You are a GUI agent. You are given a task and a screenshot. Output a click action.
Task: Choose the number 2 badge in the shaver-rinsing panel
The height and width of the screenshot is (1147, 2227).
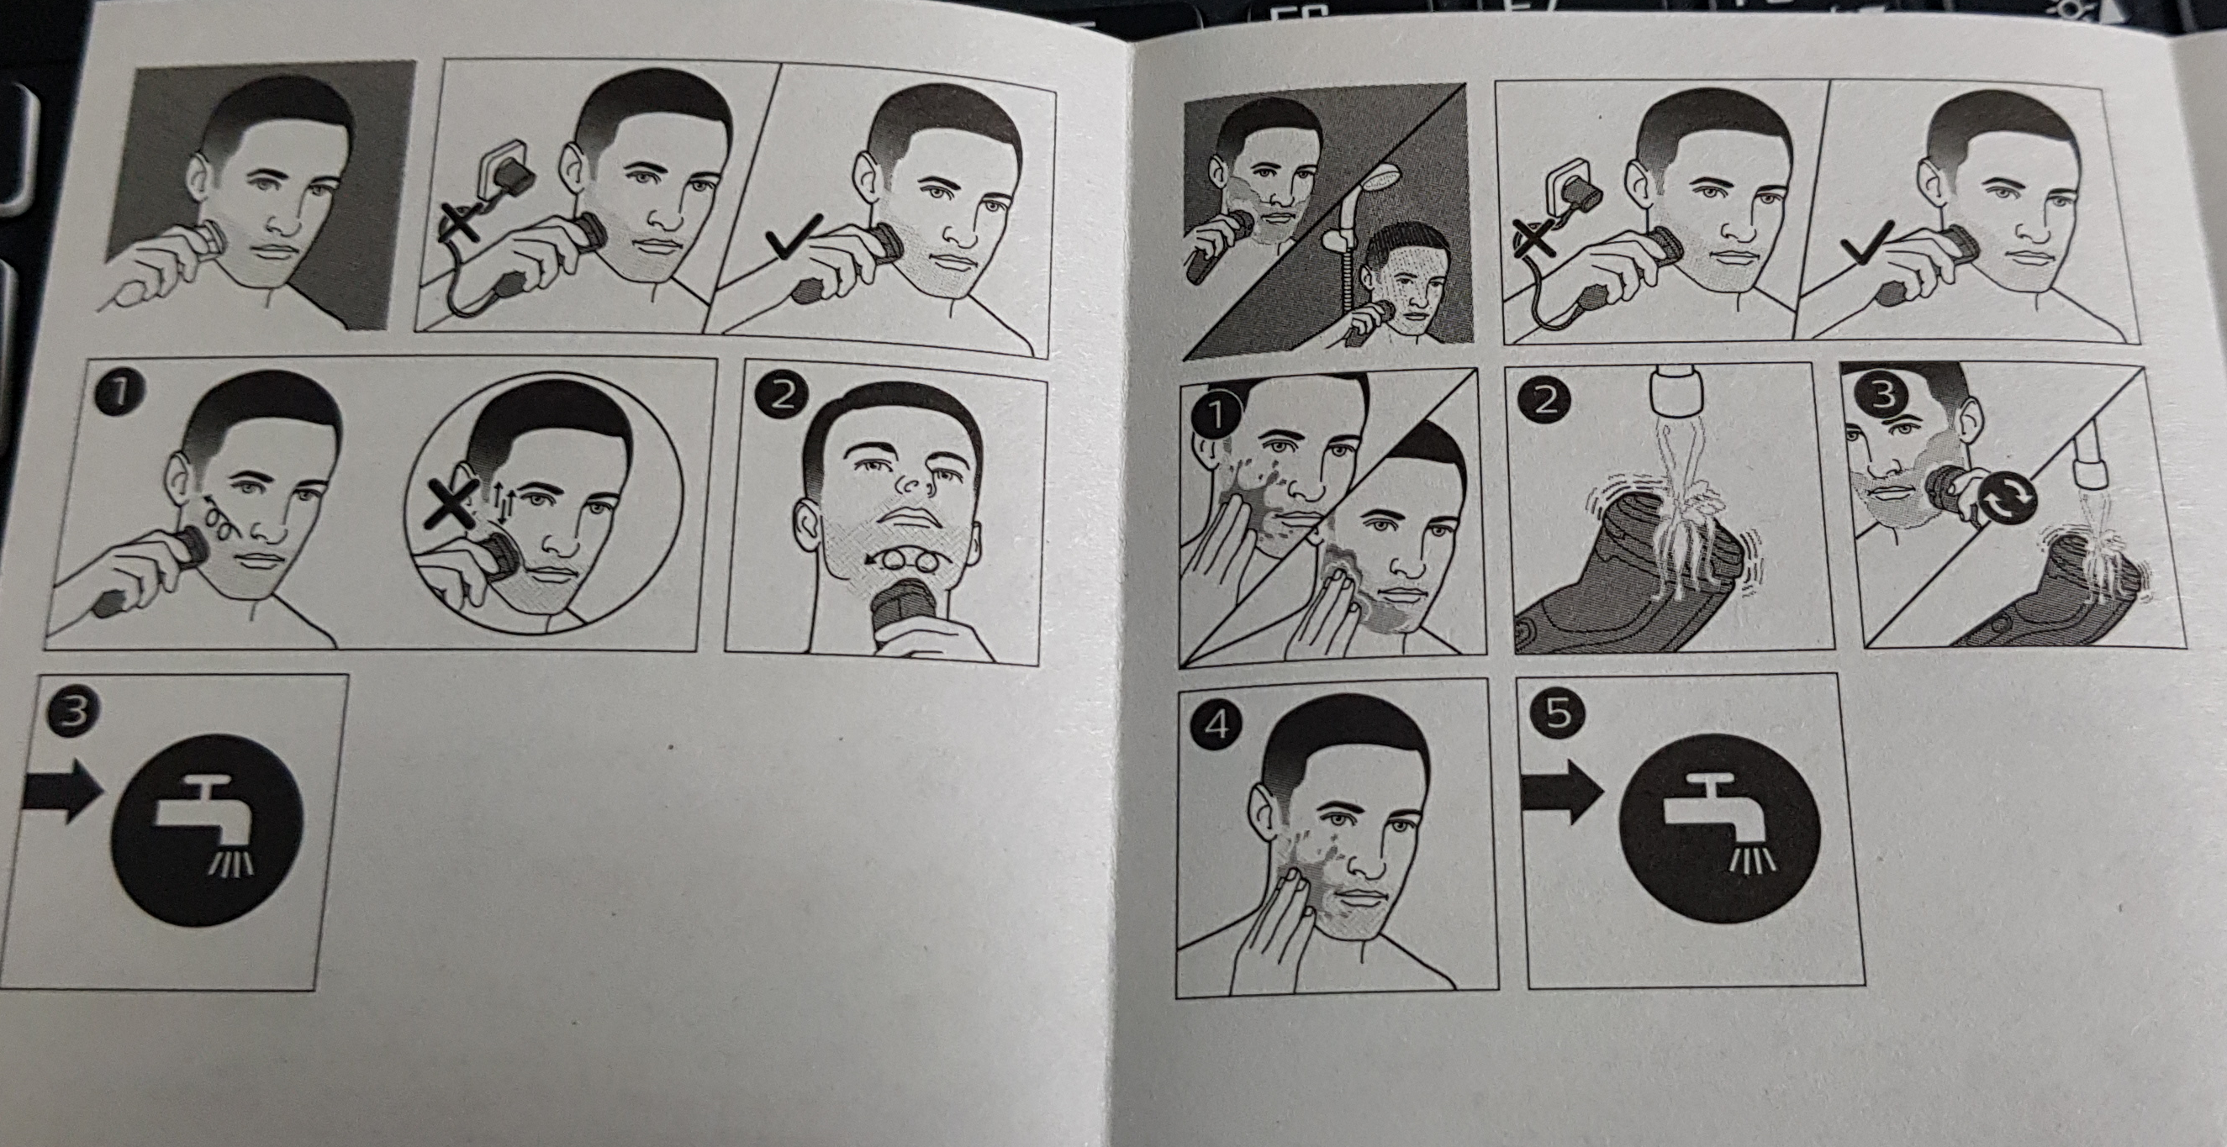point(1545,401)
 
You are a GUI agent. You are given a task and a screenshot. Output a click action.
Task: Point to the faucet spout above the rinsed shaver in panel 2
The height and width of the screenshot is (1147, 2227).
point(1676,388)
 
